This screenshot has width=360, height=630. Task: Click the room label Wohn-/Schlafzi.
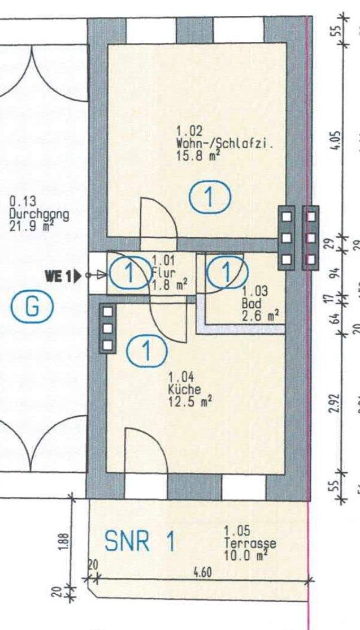[224, 144]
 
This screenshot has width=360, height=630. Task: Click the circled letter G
[33, 308]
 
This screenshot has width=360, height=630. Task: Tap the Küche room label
[181, 390]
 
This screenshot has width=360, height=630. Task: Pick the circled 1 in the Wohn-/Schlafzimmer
[210, 198]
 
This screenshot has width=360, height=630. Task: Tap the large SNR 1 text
[140, 542]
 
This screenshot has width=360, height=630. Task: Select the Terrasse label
[250, 543]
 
